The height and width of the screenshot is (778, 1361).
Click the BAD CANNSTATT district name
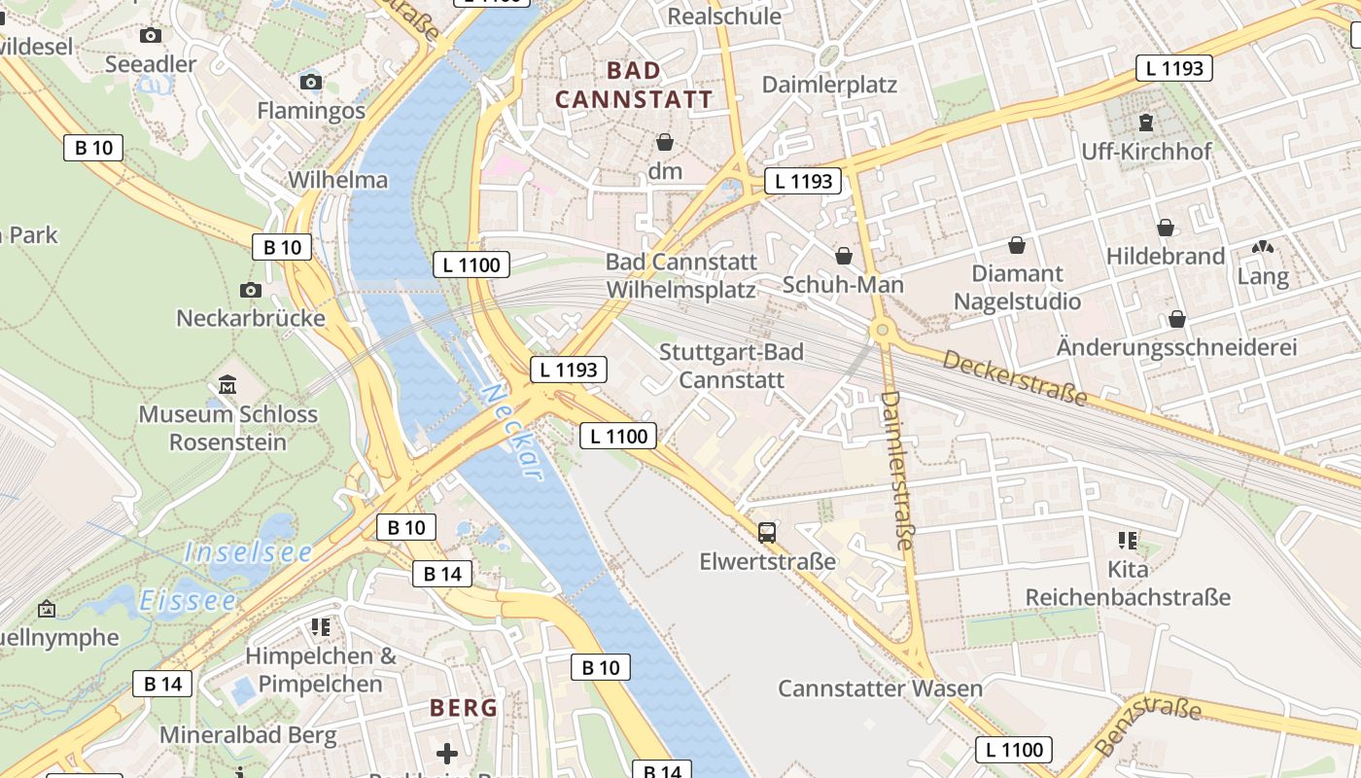click(x=634, y=85)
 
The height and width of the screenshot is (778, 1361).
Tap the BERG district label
click(x=464, y=708)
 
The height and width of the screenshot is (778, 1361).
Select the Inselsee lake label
click(x=249, y=552)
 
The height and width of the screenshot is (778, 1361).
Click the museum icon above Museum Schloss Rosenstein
click(x=227, y=384)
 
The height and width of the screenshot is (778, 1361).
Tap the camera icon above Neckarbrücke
click(x=251, y=290)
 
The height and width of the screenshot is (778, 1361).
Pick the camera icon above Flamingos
click(x=311, y=82)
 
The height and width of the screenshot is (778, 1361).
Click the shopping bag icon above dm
click(x=665, y=143)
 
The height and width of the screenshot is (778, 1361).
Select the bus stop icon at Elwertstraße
click(x=767, y=532)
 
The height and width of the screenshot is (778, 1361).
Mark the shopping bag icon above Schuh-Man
click(x=843, y=256)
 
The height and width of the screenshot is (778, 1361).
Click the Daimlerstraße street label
click(x=897, y=470)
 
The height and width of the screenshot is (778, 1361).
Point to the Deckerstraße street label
click(x=1015, y=378)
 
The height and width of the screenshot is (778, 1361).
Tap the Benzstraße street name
click(x=1147, y=725)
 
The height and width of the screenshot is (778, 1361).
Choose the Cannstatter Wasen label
click(x=880, y=689)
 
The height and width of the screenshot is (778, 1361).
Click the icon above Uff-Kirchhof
click(x=1146, y=123)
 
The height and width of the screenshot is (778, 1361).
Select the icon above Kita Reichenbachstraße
click(x=1128, y=540)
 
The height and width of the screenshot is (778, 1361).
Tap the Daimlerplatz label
click(x=829, y=85)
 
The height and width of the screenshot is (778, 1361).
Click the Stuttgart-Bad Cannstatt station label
click(x=731, y=365)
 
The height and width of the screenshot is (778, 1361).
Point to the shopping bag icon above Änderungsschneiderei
click(x=1176, y=319)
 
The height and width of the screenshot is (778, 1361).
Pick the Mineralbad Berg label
click(x=248, y=734)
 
